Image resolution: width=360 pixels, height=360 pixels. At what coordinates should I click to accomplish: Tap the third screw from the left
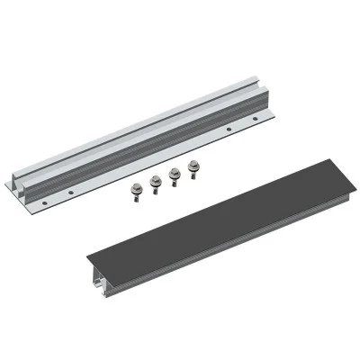174,177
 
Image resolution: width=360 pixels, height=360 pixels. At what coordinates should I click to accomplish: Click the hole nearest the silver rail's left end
70,193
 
